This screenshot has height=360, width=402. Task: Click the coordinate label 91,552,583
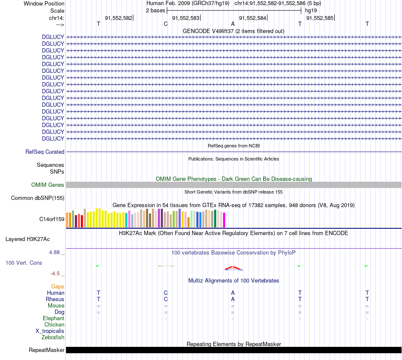click(x=186, y=18)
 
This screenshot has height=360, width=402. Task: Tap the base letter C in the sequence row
click(x=165, y=24)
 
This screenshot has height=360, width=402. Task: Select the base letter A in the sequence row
click(x=233, y=24)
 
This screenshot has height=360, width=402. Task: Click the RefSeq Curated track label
click(x=45, y=152)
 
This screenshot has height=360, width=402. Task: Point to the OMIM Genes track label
click(x=48, y=185)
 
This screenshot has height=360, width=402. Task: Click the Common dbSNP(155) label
click(x=38, y=198)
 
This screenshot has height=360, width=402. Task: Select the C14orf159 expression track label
click(x=52, y=219)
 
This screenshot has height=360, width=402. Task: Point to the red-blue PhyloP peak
click(x=233, y=267)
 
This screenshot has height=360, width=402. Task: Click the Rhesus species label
click(x=55, y=299)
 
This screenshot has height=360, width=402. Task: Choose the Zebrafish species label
click(x=53, y=337)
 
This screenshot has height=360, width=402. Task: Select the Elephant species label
click(x=53, y=318)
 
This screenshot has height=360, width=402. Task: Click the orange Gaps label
click(x=58, y=286)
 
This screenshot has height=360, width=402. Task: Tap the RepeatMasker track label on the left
click(x=47, y=350)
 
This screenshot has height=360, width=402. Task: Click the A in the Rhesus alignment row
click(x=233, y=299)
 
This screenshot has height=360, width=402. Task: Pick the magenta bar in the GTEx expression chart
click(x=224, y=220)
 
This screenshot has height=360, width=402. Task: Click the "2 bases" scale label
click(x=155, y=10)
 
